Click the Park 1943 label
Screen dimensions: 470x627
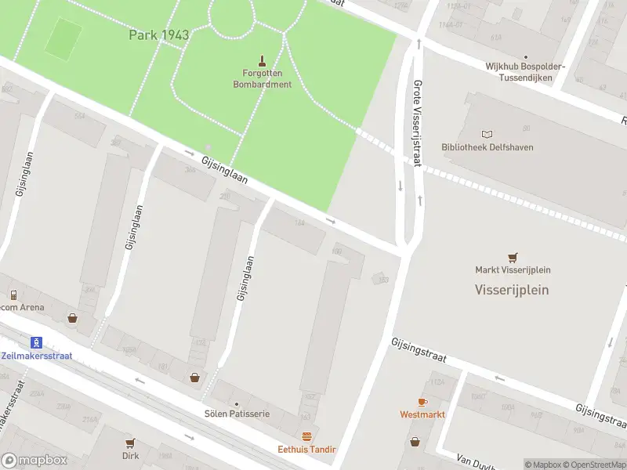click(x=158, y=35)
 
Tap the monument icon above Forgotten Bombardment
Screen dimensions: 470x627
click(x=262, y=60)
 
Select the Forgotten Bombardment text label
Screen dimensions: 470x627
click(x=262, y=79)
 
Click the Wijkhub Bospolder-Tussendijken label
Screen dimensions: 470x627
click(x=524, y=72)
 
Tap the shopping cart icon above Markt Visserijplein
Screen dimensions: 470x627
click(x=513, y=256)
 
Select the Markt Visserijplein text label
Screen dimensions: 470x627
click(x=513, y=270)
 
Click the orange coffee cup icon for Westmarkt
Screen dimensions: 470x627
click(x=422, y=401)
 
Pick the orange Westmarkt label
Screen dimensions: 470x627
click(x=422, y=414)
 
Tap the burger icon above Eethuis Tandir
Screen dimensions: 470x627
click(x=306, y=436)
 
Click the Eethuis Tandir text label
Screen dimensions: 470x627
click(x=306, y=450)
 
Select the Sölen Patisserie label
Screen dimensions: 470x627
click(x=237, y=414)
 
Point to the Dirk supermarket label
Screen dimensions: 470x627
click(x=130, y=455)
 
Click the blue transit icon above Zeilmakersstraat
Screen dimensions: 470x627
click(x=35, y=342)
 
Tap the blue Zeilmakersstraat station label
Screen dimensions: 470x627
click(x=37, y=356)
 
